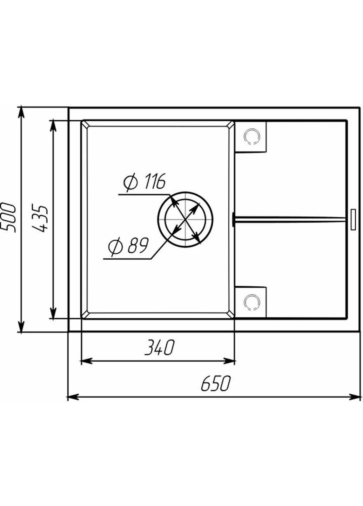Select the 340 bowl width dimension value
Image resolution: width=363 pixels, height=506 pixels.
[159, 347]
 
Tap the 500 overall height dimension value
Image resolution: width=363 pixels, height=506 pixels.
[8, 218]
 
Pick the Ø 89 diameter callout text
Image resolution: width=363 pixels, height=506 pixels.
[128, 246]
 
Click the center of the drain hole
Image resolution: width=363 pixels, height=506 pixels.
[185, 219]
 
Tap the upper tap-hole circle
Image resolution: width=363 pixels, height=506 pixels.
[252, 136]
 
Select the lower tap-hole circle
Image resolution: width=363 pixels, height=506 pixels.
[252, 302]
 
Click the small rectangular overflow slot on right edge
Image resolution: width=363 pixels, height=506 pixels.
[353, 220]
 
